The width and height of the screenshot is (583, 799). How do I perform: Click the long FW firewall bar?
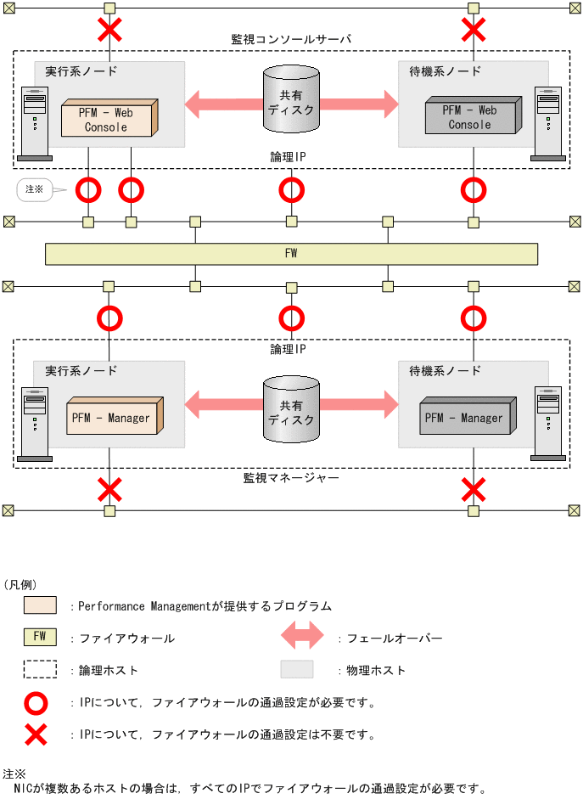pos(291,253)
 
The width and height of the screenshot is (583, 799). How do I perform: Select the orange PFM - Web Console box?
pos(108,119)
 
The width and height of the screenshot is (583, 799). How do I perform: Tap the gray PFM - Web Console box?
pos(471,117)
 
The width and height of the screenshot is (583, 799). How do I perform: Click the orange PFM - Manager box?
pos(113,418)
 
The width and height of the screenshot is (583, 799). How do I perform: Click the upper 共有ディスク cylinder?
pos(291,100)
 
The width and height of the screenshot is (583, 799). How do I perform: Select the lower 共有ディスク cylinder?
pos(291,410)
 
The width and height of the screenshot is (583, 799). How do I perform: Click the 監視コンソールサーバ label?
pos(291,39)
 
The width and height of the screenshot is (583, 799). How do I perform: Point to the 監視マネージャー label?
pos(291,479)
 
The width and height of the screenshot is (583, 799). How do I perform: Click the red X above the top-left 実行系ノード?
pos(109,31)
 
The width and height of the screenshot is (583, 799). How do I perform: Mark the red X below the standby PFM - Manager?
pos(473,489)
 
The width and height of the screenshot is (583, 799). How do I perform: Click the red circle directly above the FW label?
pos(291,189)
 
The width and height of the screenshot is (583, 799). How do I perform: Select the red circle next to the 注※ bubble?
pos(88,189)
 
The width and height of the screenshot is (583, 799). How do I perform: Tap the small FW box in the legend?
pos(40,637)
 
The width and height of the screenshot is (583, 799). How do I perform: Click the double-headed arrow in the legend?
pos(302,636)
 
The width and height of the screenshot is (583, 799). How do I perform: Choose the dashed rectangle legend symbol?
pos(40,669)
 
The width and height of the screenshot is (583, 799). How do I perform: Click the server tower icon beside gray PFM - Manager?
pos(547,425)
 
